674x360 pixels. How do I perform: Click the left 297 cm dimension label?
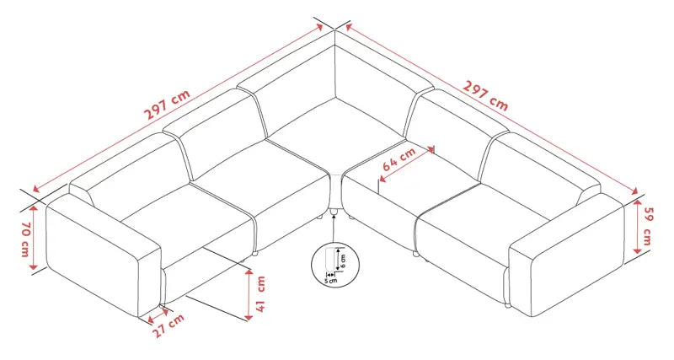tap(166, 105)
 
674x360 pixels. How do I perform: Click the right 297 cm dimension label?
tap(485, 95)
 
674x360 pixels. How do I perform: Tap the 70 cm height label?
tap(26, 240)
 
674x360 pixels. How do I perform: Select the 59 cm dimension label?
tap(648, 226)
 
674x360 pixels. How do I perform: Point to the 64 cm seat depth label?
tap(399, 159)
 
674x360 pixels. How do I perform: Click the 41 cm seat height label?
tap(260, 294)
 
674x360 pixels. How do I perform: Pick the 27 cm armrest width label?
tap(169, 325)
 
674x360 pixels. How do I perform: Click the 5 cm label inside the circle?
tap(331, 281)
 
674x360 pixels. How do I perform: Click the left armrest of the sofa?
tap(104, 255)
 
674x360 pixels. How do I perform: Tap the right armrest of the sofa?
tap(566, 255)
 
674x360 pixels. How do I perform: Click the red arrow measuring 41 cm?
tap(249, 295)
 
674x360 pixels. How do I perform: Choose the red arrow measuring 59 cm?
tap(638, 227)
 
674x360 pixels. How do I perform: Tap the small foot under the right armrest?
tap(508, 306)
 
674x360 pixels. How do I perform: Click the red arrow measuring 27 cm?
tap(158, 314)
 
